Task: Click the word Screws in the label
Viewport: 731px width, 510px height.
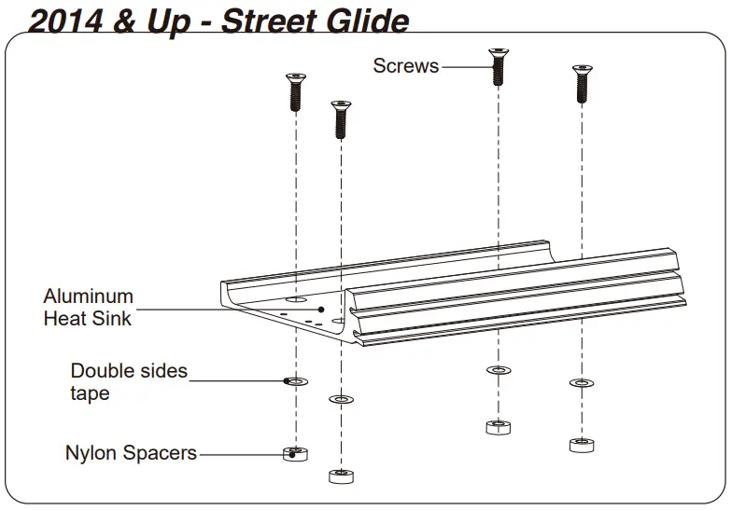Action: [405, 65]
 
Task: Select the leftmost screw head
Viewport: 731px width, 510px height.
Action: [295, 80]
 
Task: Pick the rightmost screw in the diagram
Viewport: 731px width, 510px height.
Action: [582, 84]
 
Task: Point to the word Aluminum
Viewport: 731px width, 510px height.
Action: [89, 296]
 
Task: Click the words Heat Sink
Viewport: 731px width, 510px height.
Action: [88, 319]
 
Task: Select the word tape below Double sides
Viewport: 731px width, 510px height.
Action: [90, 393]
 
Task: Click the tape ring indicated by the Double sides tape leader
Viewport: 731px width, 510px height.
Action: [296, 381]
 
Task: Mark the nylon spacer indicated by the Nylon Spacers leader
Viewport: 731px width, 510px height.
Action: [296, 454]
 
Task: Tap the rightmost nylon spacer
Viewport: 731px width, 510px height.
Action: [582, 444]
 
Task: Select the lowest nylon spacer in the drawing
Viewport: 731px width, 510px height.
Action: [342, 476]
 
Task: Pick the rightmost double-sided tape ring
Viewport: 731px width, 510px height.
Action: [582, 382]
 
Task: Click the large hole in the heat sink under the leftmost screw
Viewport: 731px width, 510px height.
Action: [296, 301]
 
